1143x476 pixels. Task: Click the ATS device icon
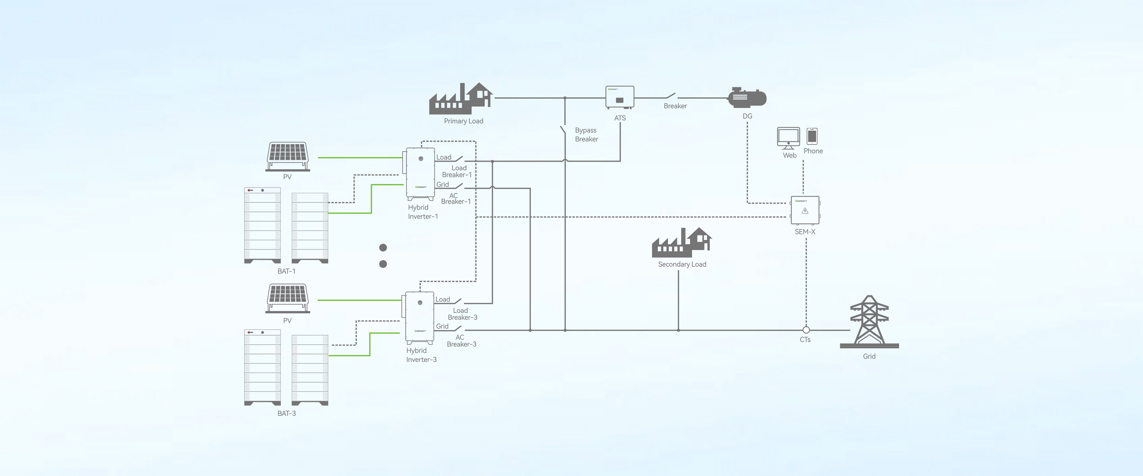point(620,97)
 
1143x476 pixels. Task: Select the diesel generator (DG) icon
point(747,98)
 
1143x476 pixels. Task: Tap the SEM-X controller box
point(805,210)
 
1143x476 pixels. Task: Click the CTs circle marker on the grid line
point(806,330)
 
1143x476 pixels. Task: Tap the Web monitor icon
point(788,138)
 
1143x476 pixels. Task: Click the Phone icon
point(812,136)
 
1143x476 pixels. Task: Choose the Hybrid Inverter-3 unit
point(419,317)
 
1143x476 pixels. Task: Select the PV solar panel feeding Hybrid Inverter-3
point(288,298)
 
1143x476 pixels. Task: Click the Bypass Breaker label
point(586,135)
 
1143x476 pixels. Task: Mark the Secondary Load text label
point(682,264)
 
